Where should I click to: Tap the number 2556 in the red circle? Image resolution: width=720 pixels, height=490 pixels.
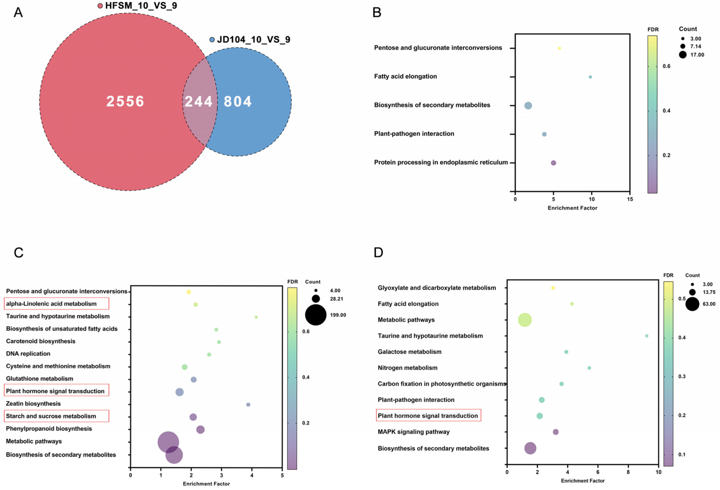[x=125, y=101]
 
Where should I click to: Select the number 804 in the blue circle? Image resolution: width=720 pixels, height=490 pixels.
[x=238, y=101]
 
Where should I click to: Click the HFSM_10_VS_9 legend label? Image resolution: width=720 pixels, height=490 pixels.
[x=141, y=6]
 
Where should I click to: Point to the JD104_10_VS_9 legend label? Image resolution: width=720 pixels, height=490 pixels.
[x=254, y=40]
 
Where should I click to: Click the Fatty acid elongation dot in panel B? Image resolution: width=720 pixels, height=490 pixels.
[x=590, y=77]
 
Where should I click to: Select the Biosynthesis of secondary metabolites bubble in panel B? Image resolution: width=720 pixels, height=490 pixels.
[x=528, y=106]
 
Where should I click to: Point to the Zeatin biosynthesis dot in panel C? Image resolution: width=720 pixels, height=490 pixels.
[x=248, y=405]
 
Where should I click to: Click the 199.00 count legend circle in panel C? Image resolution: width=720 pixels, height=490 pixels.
[x=316, y=315]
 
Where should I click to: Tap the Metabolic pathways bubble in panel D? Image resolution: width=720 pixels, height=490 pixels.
[x=525, y=320]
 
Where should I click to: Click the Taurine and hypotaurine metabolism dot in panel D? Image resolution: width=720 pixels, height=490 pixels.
[x=647, y=336]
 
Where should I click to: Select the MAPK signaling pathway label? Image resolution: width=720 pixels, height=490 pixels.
[x=414, y=432]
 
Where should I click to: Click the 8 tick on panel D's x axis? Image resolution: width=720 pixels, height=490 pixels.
[x=628, y=472]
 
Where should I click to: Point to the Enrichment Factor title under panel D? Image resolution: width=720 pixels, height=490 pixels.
[x=583, y=481]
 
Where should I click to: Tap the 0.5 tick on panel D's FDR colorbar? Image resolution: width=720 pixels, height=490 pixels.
[x=682, y=299]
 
